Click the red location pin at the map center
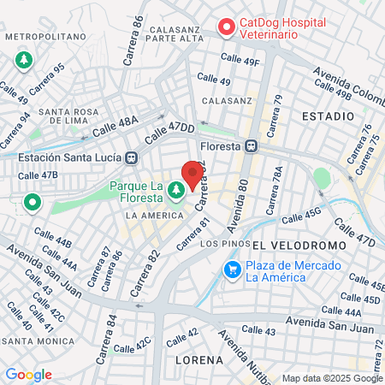coord(192,175)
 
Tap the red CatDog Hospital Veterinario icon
coord(227,27)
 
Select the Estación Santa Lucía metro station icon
coord(132,157)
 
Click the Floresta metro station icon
coord(252,145)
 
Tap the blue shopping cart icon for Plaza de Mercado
coord(232,270)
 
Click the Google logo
coord(28,375)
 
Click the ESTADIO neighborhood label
coord(329,115)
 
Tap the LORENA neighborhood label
coord(199,360)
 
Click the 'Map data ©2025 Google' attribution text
coord(332,377)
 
